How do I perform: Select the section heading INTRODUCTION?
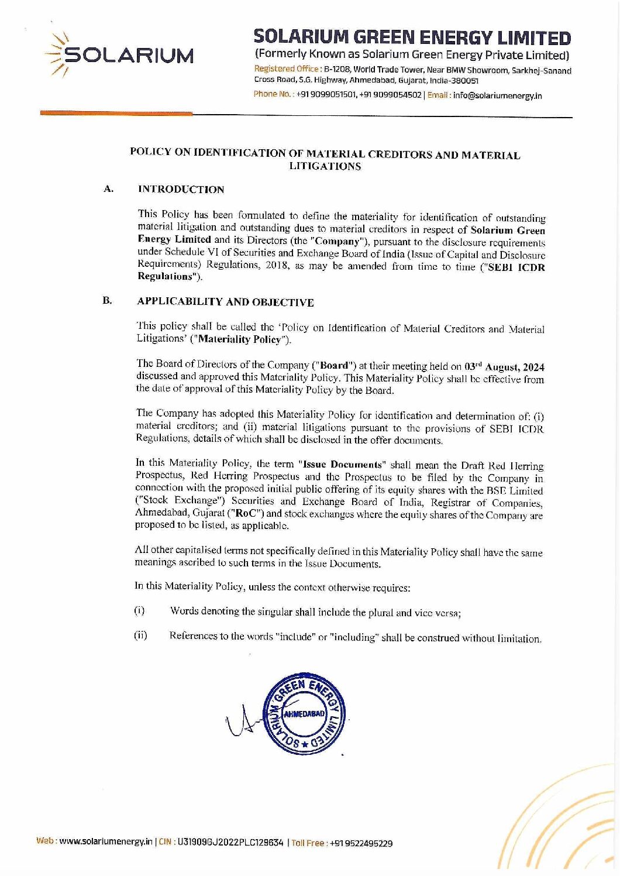click(181, 190)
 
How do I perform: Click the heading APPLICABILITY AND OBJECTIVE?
click(225, 302)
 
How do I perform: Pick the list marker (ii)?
click(140, 635)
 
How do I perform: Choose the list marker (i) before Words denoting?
click(139, 611)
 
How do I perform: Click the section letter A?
click(108, 188)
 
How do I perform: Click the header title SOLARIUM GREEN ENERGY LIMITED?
click(412, 38)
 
